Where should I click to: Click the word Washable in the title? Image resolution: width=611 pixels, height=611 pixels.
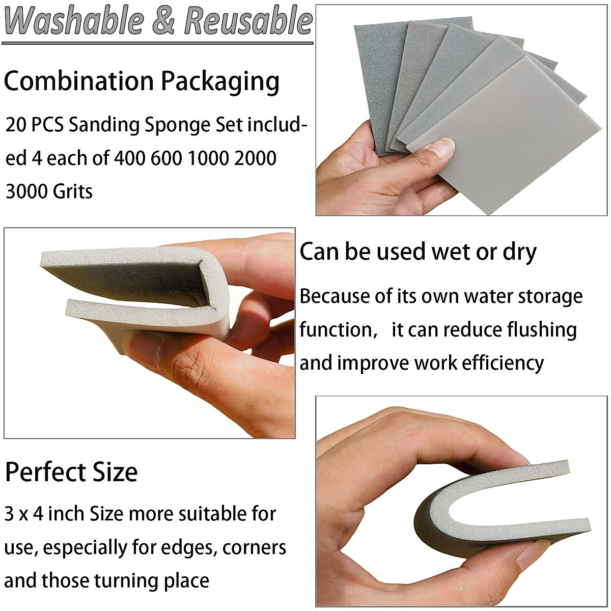pos(74,21)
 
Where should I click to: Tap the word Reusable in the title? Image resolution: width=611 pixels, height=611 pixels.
pos(248,21)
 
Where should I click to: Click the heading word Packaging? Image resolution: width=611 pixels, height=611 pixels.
pos(220,81)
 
